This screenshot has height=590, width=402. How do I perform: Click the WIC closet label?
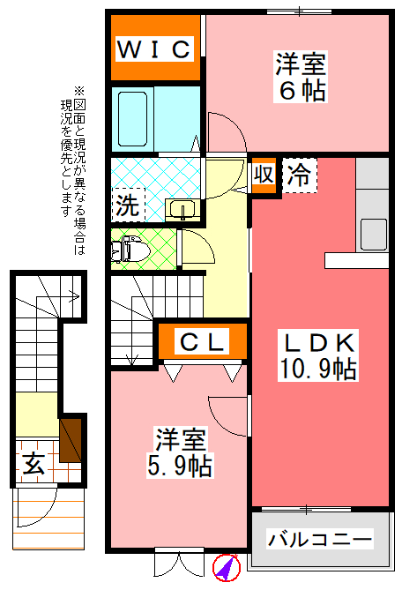pyautogui.click(x=155, y=49)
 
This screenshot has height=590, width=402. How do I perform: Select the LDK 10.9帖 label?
pyautogui.click(x=318, y=355)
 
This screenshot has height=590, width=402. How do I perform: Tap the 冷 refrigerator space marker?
pyautogui.click(x=300, y=174)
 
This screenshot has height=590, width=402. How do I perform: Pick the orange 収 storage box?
pyautogui.click(x=263, y=173)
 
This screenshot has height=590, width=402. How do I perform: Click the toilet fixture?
pyautogui.click(x=130, y=248)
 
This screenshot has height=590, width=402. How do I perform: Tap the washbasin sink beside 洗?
pyautogui.click(x=182, y=209)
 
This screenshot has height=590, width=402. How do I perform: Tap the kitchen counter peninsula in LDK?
pyautogui.click(x=356, y=259)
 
